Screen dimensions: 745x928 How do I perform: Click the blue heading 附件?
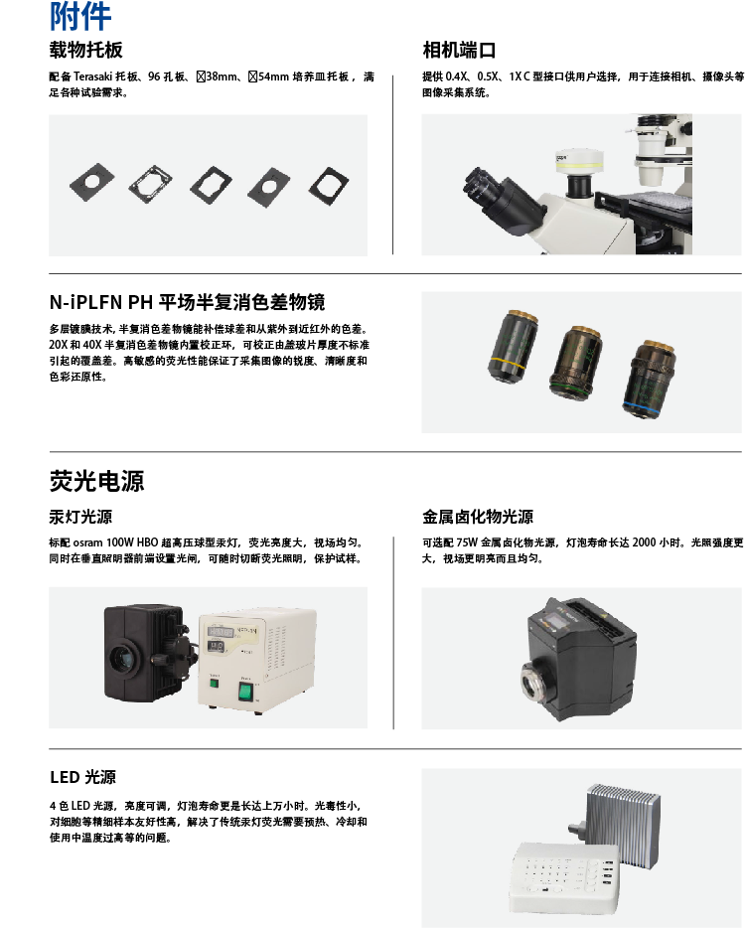(79, 16)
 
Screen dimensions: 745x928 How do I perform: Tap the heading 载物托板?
(85, 50)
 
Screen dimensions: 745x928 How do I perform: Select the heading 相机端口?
(459, 50)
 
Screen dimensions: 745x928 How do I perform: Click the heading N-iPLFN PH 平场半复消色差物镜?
(187, 302)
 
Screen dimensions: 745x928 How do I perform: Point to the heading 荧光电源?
(96, 481)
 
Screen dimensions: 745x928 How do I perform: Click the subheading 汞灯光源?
(80, 517)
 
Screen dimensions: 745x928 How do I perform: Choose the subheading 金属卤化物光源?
(478, 517)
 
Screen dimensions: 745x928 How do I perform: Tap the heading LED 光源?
(82, 777)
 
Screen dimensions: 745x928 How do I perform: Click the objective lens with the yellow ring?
(513, 347)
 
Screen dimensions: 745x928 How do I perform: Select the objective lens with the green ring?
(575, 363)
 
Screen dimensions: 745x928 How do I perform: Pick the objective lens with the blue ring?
(648, 379)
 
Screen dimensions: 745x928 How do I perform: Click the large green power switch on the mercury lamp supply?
(245, 691)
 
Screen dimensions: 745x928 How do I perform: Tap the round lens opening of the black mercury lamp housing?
(122, 658)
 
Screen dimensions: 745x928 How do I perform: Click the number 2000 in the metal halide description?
(644, 542)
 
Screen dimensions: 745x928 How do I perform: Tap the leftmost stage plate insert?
(91, 182)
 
